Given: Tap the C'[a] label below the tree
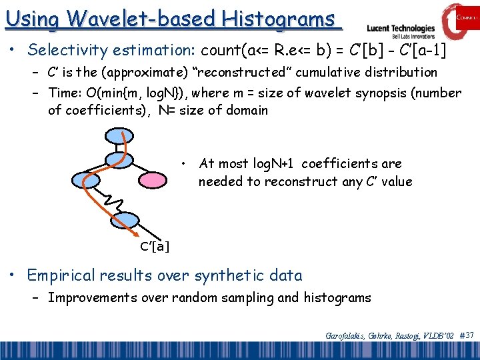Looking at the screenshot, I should coord(155,247).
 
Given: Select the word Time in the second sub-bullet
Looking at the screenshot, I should coord(63,93).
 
